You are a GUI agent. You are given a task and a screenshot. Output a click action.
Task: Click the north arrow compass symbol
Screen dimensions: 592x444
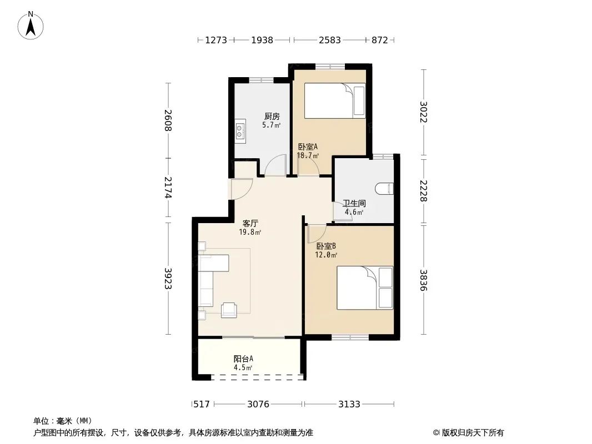point(31,26)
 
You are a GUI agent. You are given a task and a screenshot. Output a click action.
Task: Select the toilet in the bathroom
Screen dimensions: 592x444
point(384,189)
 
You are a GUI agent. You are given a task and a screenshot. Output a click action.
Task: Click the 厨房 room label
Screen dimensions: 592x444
point(272,116)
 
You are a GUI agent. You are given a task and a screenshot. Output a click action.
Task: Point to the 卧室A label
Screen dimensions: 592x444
point(308,147)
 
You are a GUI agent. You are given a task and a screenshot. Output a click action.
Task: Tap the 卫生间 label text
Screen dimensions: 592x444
point(354,203)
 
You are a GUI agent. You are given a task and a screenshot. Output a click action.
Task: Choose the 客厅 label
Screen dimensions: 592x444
point(250,223)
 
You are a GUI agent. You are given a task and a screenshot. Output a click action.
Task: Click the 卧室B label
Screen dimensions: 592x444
point(326,246)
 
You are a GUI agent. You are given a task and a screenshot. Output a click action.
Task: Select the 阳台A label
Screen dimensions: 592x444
point(243,359)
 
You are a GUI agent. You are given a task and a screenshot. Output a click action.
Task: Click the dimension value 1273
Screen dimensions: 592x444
point(216,40)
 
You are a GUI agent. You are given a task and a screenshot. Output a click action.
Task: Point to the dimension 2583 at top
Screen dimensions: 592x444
point(330,40)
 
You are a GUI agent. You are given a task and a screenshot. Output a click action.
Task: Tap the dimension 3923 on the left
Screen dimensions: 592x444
point(168,279)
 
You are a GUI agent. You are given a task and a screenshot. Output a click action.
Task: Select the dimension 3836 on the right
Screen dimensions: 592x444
point(423,280)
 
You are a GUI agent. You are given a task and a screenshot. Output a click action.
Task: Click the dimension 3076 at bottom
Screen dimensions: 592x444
point(258,405)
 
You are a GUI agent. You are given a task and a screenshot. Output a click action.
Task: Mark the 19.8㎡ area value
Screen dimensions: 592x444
point(250,232)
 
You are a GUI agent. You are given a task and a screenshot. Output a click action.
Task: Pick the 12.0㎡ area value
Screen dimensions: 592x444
point(326,255)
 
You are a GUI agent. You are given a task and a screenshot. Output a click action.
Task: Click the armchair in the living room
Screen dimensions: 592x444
point(229,310)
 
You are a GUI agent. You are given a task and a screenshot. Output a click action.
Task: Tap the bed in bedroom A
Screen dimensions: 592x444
point(335,100)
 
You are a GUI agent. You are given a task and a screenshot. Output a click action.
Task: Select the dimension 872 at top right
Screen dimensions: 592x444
point(379,40)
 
